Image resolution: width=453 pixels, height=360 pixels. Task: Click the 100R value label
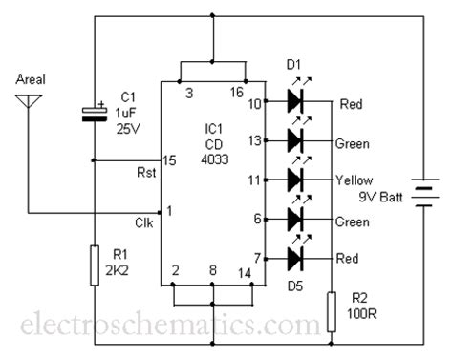[361, 313]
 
